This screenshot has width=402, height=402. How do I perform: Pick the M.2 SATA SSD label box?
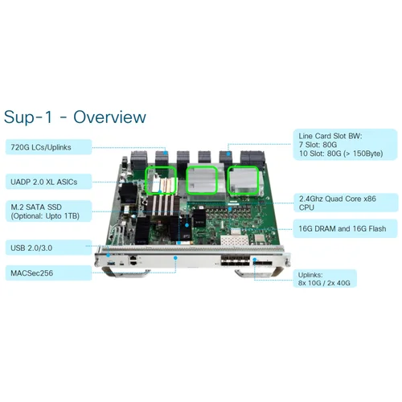click(44, 211)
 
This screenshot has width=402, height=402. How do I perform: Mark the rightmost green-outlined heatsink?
click(243, 178)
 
